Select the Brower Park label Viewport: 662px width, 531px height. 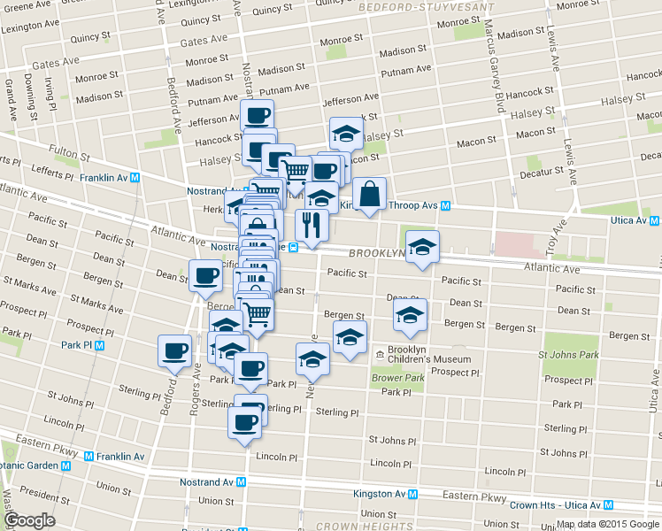[399, 378]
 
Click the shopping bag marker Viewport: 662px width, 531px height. [369, 194]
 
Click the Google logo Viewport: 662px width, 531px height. [29, 520]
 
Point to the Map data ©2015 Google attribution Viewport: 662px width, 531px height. [607, 524]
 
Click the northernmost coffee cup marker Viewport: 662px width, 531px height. [257, 114]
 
